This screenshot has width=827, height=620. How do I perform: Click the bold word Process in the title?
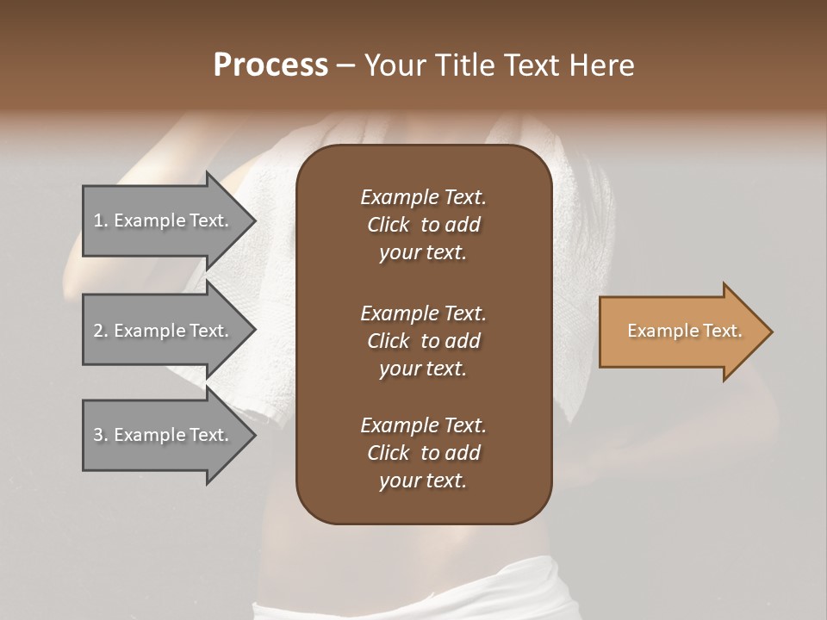270,65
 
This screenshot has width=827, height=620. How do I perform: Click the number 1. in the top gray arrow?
101,220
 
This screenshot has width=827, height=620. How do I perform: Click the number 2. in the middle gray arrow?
101,331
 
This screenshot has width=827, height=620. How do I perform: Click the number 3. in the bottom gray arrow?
101,435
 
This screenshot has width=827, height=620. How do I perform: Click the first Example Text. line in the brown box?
423,197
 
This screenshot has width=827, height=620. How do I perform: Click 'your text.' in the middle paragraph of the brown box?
423,369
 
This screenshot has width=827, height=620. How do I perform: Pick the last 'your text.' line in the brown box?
423,480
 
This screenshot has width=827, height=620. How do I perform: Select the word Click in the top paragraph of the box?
388,225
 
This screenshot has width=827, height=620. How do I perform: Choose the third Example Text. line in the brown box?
423,425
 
